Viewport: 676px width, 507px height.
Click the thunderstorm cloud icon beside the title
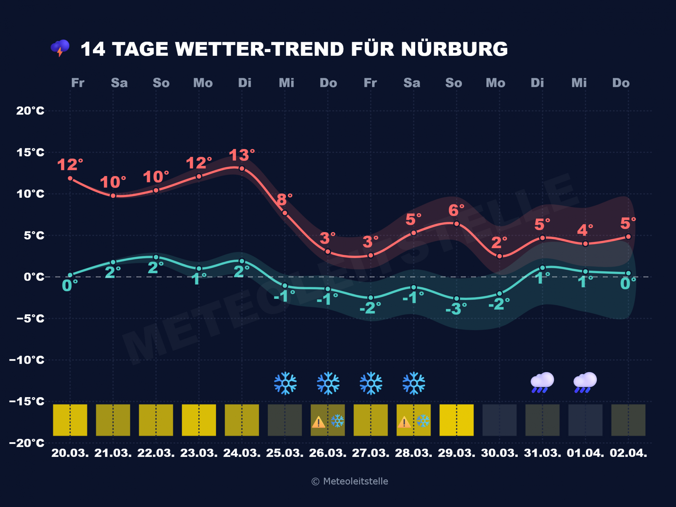point(60,48)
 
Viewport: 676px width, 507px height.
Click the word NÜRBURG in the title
point(454,49)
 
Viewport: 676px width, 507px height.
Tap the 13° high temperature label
point(241,155)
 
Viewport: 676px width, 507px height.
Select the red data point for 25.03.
point(285,213)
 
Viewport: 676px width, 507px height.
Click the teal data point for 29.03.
point(457,299)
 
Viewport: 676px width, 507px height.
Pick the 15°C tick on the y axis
point(30,152)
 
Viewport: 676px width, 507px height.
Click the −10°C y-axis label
point(27,360)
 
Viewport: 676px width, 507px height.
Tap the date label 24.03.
point(242,453)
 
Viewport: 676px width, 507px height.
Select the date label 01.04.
point(585,453)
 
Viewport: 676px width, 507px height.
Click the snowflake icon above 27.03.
point(371,383)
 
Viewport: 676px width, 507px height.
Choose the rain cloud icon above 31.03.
point(542,382)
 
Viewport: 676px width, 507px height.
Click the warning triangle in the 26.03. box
point(318,422)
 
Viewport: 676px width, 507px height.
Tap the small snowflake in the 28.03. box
point(423,421)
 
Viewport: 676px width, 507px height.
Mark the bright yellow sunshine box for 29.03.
point(456,420)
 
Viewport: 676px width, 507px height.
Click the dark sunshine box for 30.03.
point(499,420)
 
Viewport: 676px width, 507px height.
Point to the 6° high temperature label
point(456,210)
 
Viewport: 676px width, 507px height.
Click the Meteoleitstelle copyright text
point(350,481)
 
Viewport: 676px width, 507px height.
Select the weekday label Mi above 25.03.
point(286,83)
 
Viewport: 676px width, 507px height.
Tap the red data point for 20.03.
point(70,178)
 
